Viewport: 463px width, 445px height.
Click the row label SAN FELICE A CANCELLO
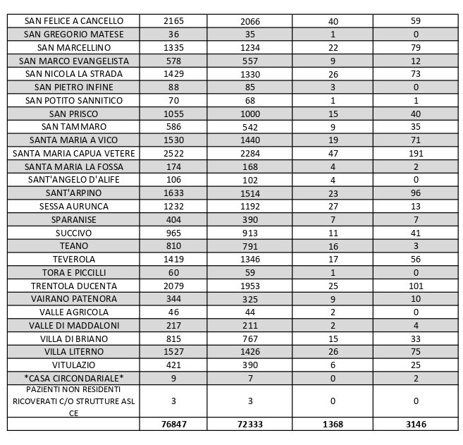coord(73,21)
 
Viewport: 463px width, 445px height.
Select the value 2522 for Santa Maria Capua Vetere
coord(173,153)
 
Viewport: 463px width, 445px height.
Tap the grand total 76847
coord(173,425)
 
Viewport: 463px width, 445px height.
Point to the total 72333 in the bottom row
coord(250,425)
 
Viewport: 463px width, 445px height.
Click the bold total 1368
coord(333,425)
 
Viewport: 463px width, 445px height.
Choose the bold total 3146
coord(415,425)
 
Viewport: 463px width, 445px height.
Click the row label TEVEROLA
coord(73,259)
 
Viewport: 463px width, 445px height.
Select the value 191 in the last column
coord(415,153)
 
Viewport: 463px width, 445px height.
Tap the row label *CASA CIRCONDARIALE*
coord(73,378)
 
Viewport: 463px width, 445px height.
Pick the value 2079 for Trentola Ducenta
coord(173,286)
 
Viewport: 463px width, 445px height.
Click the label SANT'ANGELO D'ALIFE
coord(73,180)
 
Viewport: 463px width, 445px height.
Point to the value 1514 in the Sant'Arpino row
coord(250,193)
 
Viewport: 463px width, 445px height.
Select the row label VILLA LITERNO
coord(73,351)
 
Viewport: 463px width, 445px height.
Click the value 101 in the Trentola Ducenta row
coord(415,286)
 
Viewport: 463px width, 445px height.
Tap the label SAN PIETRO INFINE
coord(73,87)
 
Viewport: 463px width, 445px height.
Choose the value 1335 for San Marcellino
coord(173,47)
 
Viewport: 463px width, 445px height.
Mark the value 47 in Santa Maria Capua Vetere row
coord(333,153)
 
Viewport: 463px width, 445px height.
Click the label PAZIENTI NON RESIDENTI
coord(73,390)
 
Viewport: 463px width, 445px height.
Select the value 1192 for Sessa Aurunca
coord(250,206)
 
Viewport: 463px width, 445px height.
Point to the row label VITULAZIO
coord(73,365)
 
